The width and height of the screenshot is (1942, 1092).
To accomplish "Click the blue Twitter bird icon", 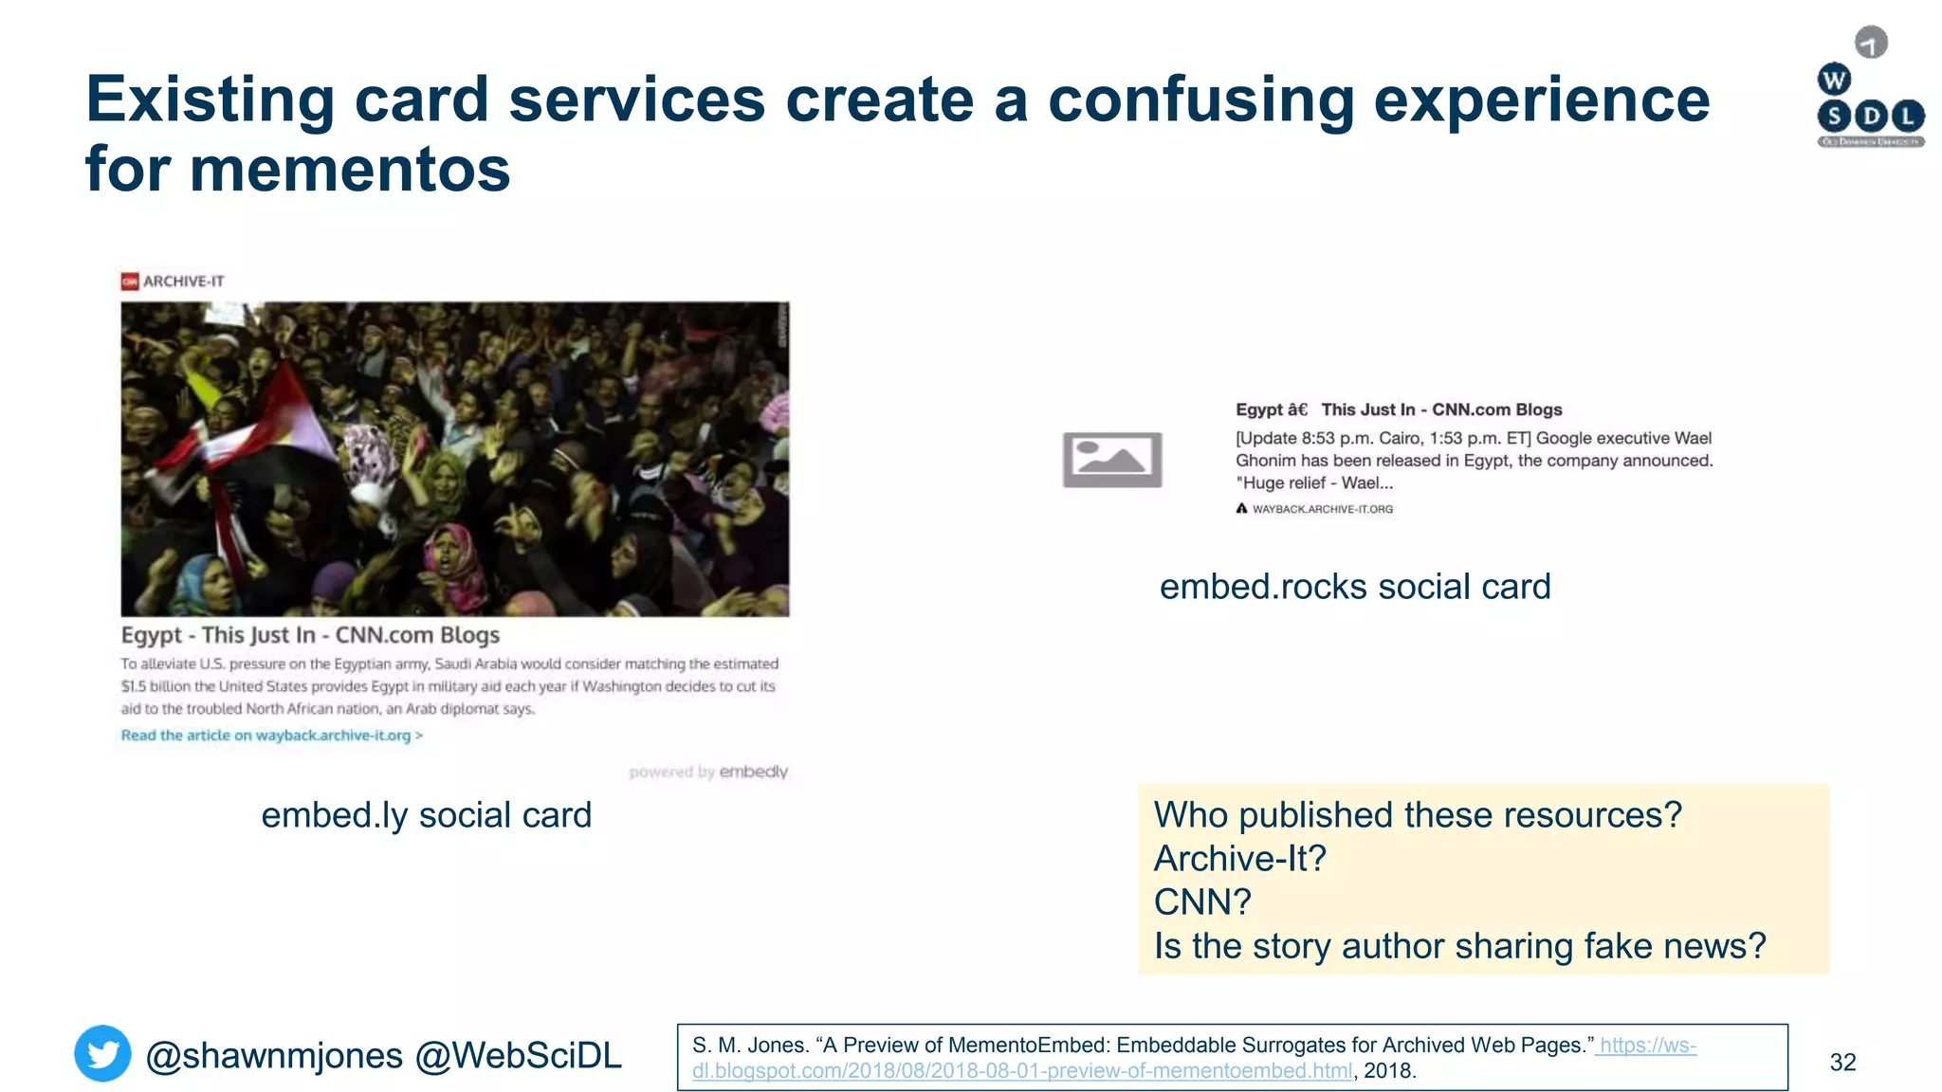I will pyautogui.click(x=102, y=1053).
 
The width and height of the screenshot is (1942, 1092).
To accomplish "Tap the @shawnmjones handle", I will pyautogui.click(x=274, y=1055).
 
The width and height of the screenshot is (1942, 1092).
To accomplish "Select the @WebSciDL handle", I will pyautogui.click(x=518, y=1055).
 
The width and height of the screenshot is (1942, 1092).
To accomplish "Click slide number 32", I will pyautogui.click(x=1841, y=1062).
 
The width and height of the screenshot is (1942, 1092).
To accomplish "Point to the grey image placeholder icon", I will pyautogui.click(x=1111, y=460).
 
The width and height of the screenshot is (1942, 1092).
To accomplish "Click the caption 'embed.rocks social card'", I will pyautogui.click(x=1354, y=587).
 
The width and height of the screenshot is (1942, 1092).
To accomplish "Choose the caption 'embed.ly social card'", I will pyautogui.click(x=426, y=815).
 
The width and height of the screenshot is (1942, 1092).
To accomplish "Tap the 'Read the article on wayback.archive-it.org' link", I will pyautogui.click(x=271, y=736).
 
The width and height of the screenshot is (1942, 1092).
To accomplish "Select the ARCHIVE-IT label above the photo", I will pyautogui.click(x=183, y=282).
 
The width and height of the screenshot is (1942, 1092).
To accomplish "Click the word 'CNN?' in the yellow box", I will pyautogui.click(x=1202, y=902).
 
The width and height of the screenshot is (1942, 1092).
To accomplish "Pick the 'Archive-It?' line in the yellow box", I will pyautogui.click(x=1239, y=859).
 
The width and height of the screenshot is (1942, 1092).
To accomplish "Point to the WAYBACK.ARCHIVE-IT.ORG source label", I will pyautogui.click(x=1322, y=509).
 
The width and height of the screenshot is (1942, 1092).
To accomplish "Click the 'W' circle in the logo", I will pyautogui.click(x=1834, y=80).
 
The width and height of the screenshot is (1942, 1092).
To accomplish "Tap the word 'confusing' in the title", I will pyautogui.click(x=1200, y=100).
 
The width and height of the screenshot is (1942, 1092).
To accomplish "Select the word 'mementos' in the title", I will pyautogui.click(x=349, y=170).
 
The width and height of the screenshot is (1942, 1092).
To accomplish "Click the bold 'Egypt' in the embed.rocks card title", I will pyautogui.click(x=1258, y=409).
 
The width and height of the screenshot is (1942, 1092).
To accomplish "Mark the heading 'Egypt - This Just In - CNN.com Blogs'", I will pyautogui.click(x=310, y=635).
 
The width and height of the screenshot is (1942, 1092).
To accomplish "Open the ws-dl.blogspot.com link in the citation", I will pyautogui.click(x=1022, y=1070).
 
